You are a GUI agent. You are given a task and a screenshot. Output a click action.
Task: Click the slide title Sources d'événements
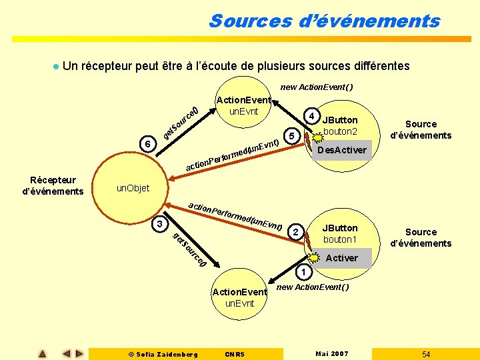coord(324,21)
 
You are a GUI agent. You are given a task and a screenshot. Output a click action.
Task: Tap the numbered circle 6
coord(149,144)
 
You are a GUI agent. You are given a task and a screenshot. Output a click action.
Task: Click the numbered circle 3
coord(158,223)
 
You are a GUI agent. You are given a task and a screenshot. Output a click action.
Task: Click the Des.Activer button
coord(341,150)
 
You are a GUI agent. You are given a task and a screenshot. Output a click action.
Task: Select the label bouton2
coord(341,131)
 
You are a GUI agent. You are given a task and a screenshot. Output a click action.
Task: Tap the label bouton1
coord(341,239)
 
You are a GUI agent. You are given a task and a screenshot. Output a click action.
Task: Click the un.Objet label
coord(133,188)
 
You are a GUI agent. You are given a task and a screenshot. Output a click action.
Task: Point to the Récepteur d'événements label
coord(53,186)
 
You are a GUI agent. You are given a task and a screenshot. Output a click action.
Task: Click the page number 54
coord(426,354)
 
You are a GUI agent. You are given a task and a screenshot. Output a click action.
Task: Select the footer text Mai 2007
coord(331,354)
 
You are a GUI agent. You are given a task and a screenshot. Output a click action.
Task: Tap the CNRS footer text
coord(235,354)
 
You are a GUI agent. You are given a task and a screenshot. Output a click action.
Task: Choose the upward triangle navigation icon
coord(42,354)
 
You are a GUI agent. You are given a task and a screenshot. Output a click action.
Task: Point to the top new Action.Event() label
coord(317,87)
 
